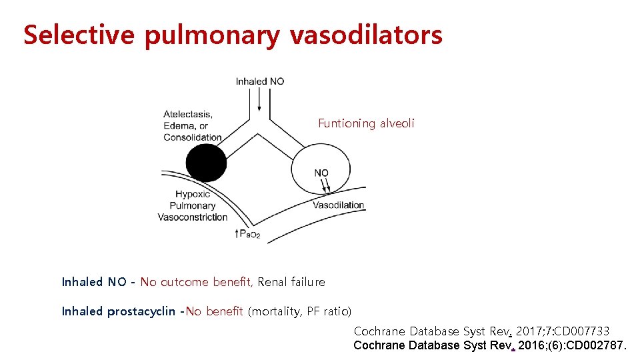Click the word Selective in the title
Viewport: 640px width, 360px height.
tap(79, 35)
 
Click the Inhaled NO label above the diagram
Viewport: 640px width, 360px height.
tap(260, 81)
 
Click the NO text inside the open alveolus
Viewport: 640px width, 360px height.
tap(321, 173)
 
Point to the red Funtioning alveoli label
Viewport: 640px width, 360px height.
tap(366, 123)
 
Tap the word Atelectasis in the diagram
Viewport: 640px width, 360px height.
tap(187, 114)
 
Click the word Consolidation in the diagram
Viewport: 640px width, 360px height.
tap(192, 137)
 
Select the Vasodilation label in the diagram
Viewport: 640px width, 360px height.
tap(339, 205)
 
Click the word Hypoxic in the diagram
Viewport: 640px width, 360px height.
tap(193, 194)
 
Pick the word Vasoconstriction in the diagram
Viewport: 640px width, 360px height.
tap(193, 217)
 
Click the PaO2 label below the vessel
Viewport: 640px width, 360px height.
tap(249, 234)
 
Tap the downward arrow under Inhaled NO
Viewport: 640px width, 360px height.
tap(259, 101)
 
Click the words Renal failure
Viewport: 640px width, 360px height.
tap(291, 282)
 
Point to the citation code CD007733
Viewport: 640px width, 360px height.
tap(581, 331)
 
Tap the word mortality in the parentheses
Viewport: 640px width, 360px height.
tap(275, 311)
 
